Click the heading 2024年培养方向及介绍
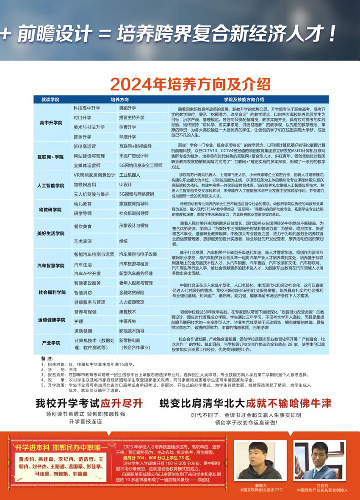(190, 83)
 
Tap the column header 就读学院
(50, 100)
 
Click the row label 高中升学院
(51, 122)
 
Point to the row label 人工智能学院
(51, 186)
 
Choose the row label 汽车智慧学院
(51, 265)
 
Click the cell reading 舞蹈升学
(127, 108)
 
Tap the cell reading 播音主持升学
(132, 117)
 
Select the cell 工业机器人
(130, 175)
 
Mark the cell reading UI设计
(125, 184)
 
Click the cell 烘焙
(123, 241)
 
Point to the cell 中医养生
(127, 321)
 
